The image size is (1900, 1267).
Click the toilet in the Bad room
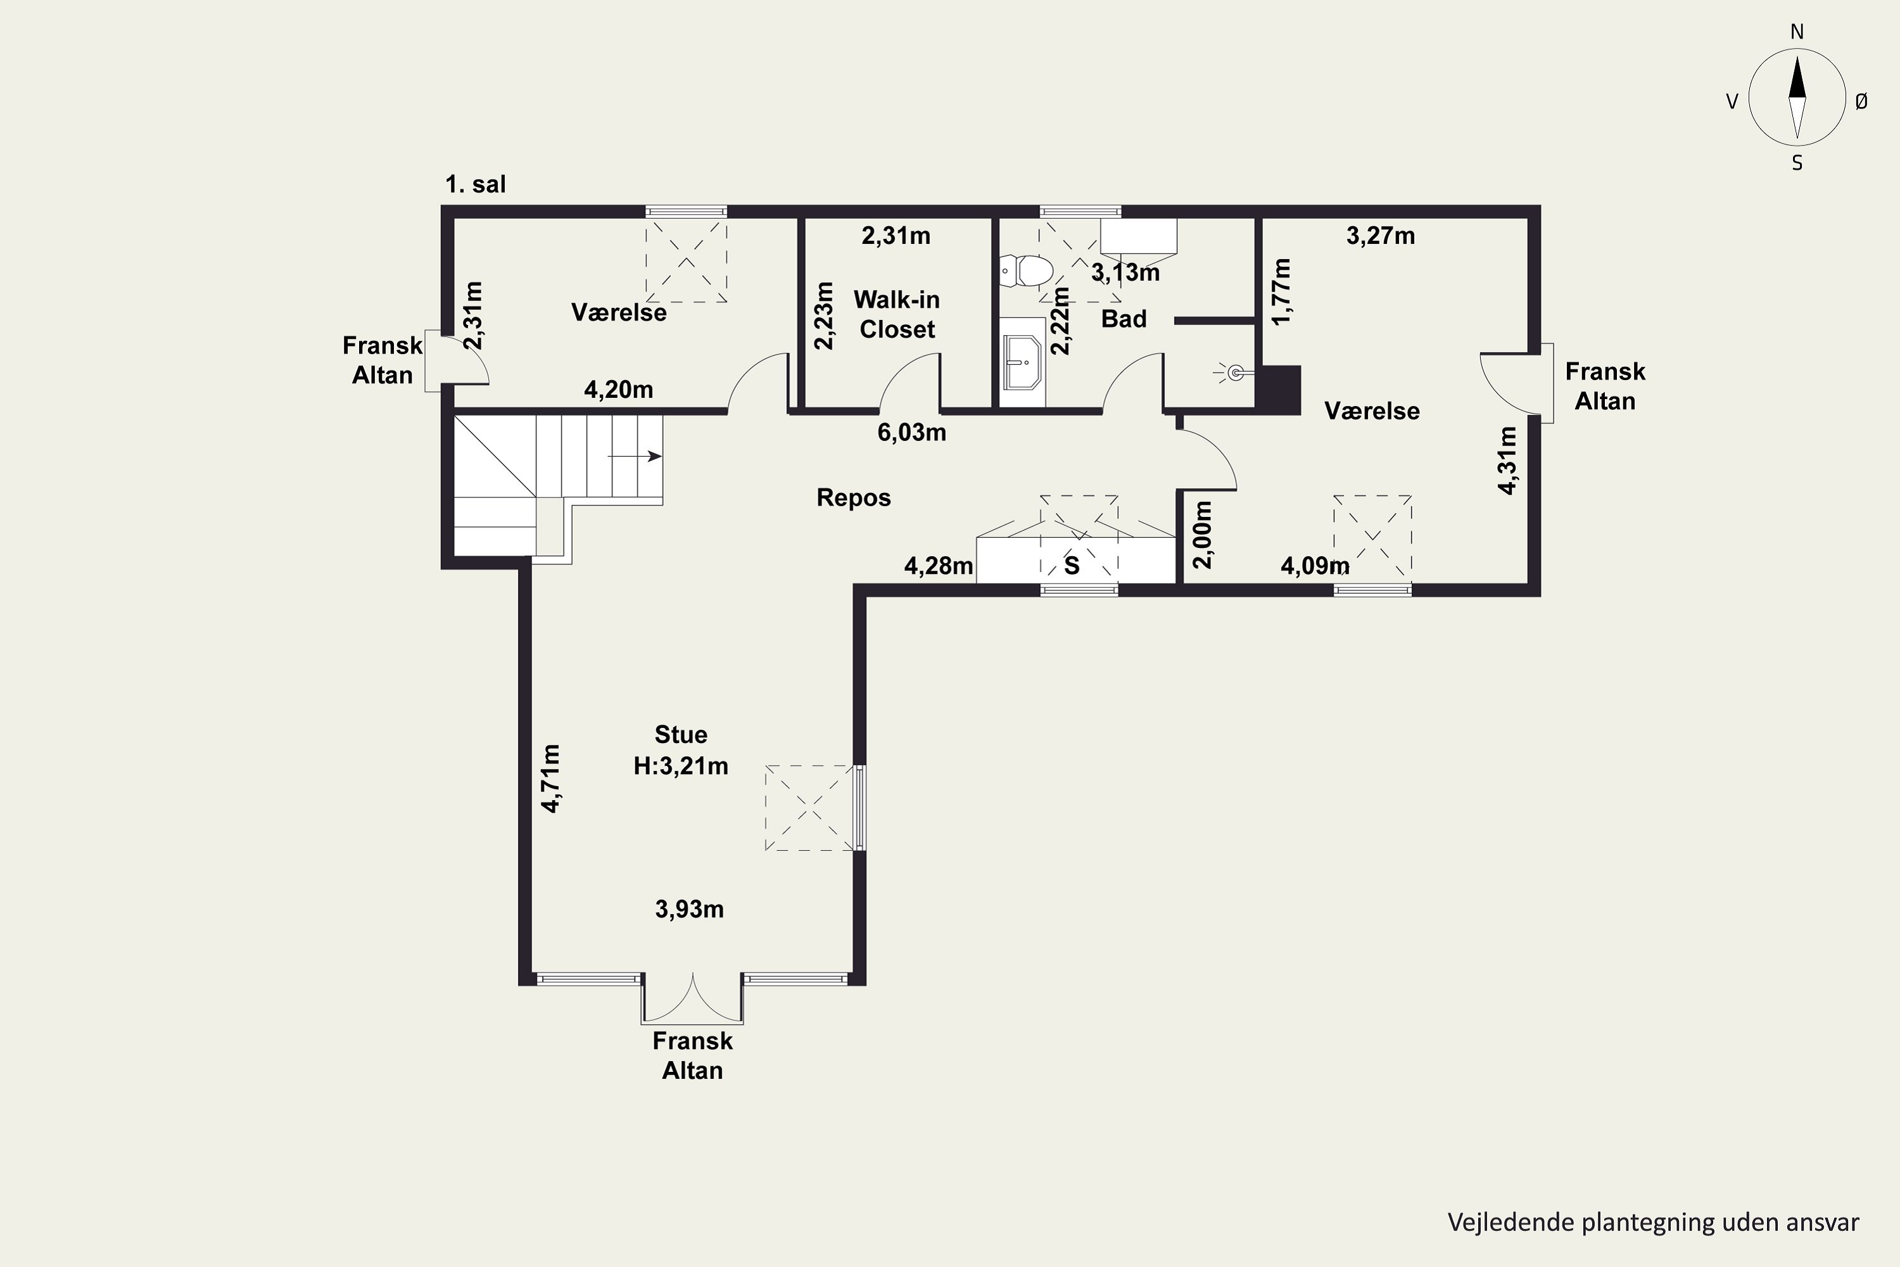coord(1026,271)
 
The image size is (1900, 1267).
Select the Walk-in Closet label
coord(897,314)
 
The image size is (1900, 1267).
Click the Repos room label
coord(854,498)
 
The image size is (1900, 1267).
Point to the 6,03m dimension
coord(912,432)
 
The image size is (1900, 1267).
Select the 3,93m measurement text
coord(689,909)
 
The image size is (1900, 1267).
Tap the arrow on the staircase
coord(635,457)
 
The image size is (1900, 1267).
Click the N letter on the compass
coord(1797,32)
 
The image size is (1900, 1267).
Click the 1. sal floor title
coord(476,184)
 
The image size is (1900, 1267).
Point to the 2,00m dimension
coord(1203,535)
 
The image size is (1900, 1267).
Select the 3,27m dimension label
coord(1381,236)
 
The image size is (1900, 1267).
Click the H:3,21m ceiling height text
coord(681,766)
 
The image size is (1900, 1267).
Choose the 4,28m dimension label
coord(939,566)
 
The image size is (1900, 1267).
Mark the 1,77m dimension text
coord(1282,291)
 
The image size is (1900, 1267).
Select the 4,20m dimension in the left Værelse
coord(619,390)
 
